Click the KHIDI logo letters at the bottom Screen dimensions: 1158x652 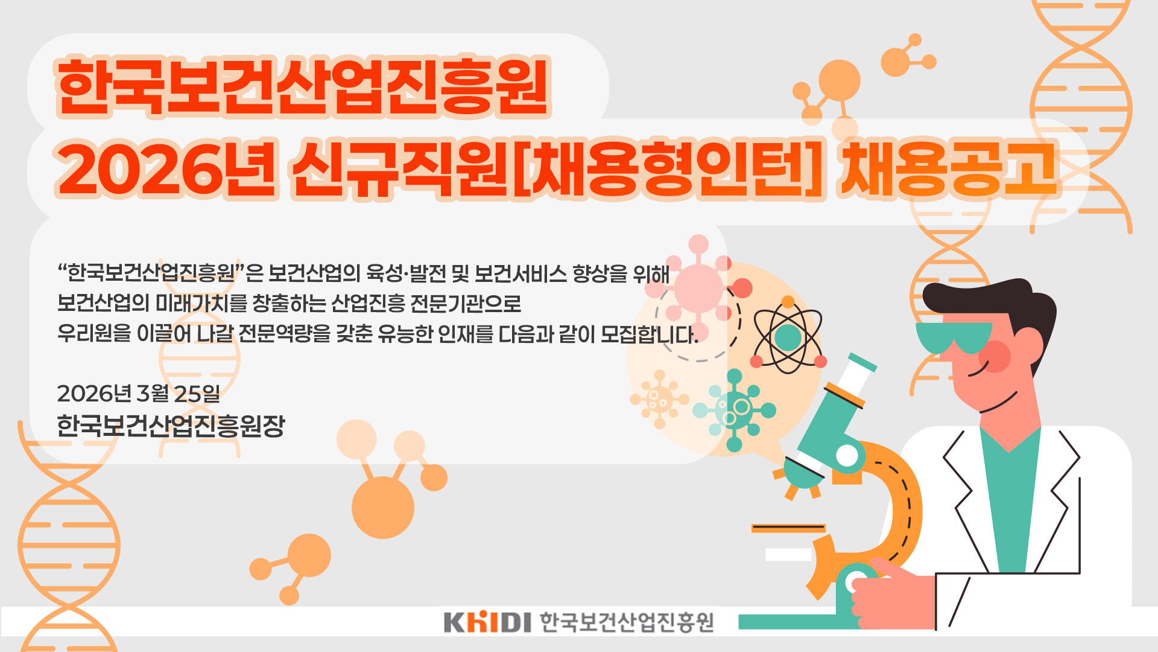pyautogui.click(x=487, y=622)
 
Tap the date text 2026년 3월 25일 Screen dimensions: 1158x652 pyautogui.click(x=139, y=394)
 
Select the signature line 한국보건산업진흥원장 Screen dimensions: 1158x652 pyautogui.click(x=171, y=426)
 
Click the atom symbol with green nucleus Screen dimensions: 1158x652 pyautogui.click(x=788, y=335)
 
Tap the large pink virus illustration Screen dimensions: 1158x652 pyautogui.click(x=698, y=287)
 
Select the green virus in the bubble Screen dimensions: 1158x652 pyautogui.click(x=735, y=410)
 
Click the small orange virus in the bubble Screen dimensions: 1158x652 pyautogui.click(x=659, y=399)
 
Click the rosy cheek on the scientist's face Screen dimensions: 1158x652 pyautogui.click(x=994, y=356)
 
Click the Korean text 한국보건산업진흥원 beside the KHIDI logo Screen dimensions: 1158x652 pyautogui.click(x=627, y=622)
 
